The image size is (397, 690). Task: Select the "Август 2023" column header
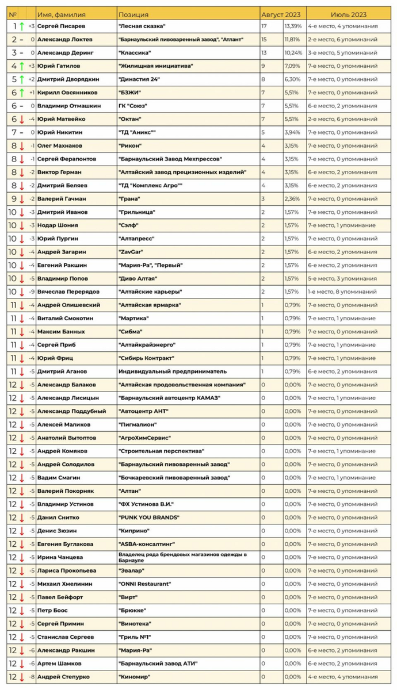(x=281, y=14)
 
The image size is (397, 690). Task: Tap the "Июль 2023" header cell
(x=349, y=14)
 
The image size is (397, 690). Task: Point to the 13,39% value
(x=293, y=26)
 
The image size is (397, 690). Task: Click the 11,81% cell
(x=293, y=39)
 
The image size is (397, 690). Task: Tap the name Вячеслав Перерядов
(x=68, y=292)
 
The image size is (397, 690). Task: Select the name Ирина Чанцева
(x=60, y=557)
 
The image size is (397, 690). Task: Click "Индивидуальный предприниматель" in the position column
(x=172, y=371)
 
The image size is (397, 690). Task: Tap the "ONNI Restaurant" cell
(x=144, y=584)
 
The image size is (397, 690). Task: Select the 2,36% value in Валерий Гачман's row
(x=293, y=199)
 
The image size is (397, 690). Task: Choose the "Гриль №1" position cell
(x=134, y=637)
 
